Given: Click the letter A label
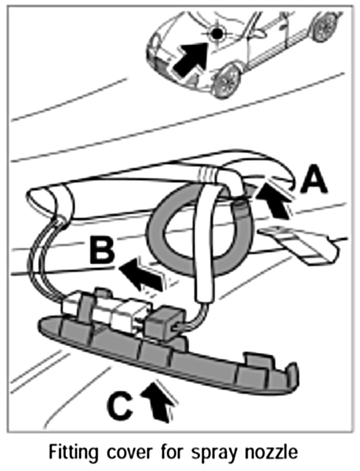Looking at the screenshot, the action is click(x=314, y=184).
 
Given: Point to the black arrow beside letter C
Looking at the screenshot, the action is click(x=158, y=400).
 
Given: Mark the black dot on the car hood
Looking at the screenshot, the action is click(x=216, y=32).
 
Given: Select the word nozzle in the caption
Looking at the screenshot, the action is click(x=275, y=454).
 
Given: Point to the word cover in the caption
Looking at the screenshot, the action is click(x=134, y=454).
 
